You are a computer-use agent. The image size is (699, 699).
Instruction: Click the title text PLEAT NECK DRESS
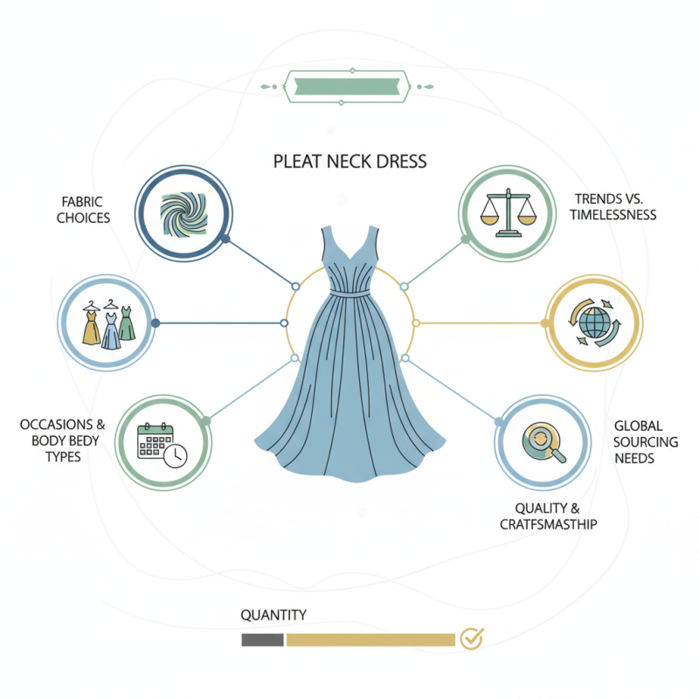[349, 161]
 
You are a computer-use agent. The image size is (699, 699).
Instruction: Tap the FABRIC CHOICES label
[84, 209]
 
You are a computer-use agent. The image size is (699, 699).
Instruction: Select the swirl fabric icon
[184, 213]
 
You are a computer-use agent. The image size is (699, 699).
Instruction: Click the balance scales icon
[506, 213]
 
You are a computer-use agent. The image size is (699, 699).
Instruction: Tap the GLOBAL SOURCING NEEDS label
[646, 441]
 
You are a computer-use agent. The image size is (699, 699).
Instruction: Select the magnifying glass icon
[544, 440]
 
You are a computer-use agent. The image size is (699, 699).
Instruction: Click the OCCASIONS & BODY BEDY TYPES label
[62, 440]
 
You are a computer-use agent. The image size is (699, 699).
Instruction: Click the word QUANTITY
[273, 615]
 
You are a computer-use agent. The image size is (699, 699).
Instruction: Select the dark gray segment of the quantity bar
[262, 640]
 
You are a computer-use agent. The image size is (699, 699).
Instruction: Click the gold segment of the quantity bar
[370, 640]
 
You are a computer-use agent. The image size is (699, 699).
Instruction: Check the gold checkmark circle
[472, 638]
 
